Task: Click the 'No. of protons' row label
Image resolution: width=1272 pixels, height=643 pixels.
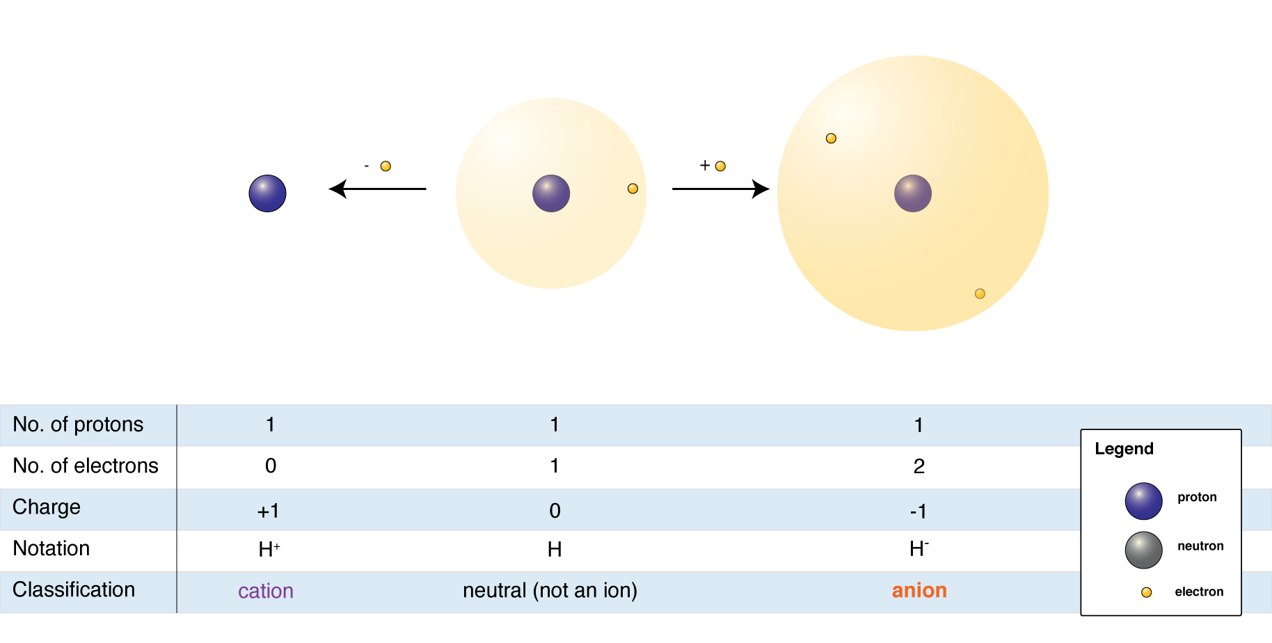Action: pos(78,424)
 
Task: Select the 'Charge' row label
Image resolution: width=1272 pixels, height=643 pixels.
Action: pos(47,507)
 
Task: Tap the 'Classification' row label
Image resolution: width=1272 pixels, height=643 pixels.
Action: pos(74,590)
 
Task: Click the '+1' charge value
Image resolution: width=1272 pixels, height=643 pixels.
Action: pos(268,511)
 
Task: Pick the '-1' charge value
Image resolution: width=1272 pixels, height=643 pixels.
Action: pos(919,511)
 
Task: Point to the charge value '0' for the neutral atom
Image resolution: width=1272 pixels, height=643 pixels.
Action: pos(555,511)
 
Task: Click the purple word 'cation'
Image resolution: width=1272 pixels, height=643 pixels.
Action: pos(266,592)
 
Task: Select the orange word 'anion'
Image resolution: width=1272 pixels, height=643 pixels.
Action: pos(919,591)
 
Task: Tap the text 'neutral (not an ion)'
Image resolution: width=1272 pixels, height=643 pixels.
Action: pos(550,591)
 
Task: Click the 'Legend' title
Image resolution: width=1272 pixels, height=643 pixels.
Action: pos(1124,449)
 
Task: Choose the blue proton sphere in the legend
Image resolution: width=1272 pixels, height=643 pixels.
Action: pos(1143,501)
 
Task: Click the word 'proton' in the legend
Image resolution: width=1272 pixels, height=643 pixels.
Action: pos(1197,497)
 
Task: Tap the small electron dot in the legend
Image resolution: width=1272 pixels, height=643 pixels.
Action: pos(1146,592)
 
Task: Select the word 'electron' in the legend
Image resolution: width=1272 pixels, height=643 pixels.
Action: pos(1199,592)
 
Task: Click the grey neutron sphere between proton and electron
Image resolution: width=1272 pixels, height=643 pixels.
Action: pos(1143,550)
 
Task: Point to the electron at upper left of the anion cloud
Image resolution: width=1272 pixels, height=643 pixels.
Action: pos(831,138)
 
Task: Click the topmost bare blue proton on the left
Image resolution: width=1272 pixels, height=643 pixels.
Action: pos(267,193)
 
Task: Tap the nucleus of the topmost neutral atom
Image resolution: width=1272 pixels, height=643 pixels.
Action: pos(551,193)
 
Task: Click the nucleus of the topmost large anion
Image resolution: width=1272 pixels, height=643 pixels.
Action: pos(913,193)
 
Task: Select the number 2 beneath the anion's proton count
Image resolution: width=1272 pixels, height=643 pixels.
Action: pos(919,466)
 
